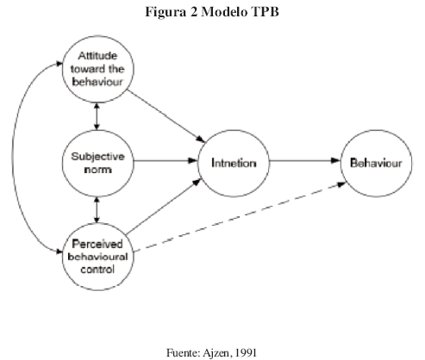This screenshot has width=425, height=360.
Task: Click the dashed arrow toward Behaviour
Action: [x=240, y=217]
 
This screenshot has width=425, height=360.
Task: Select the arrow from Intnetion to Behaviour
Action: [x=305, y=160]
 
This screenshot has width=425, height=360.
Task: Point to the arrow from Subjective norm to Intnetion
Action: [x=166, y=160]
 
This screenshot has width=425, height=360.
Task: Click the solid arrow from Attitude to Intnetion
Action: [x=166, y=116]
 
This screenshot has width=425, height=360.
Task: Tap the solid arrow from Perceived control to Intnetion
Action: [x=164, y=207]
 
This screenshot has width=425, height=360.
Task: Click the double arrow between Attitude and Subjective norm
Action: [x=97, y=116]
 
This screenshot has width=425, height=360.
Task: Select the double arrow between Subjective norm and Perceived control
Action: [x=97, y=210]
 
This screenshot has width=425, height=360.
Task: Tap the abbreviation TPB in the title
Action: [x=265, y=12]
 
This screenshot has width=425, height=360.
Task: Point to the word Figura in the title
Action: [x=166, y=13]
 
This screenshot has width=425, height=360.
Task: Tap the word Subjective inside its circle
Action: [x=98, y=157]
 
